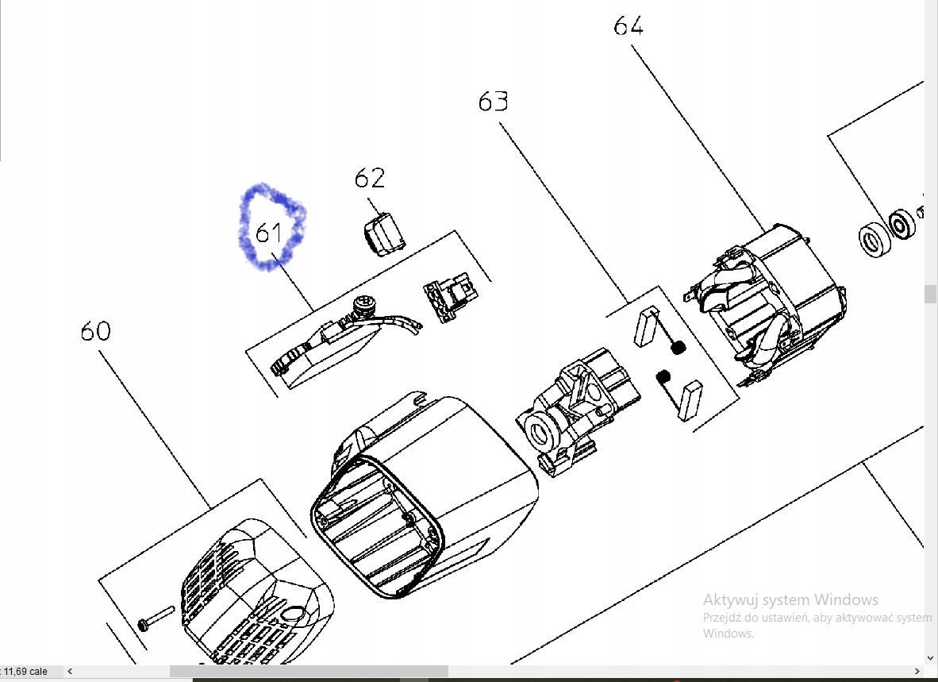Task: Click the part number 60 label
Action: point(96,331)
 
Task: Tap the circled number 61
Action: point(268,232)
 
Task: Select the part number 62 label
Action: point(370,178)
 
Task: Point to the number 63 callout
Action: point(494,102)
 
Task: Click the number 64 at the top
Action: point(629,25)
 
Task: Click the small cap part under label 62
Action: point(384,234)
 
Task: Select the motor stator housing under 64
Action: point(765,302)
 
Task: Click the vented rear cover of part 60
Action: point(256,592)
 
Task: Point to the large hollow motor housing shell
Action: point(424,495)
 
